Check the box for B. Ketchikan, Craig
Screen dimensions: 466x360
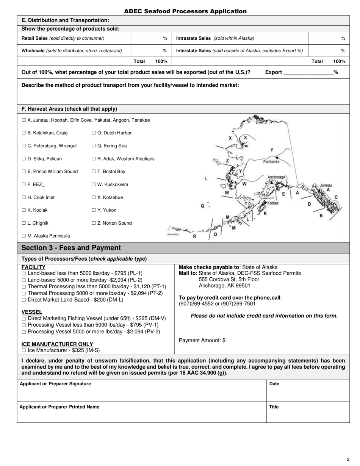coord(23,133)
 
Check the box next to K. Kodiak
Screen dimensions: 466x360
coord(23,210)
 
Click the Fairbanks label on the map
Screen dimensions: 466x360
coord(271,161)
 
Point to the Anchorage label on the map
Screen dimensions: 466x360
coord(276,177)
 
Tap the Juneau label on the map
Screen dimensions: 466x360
coord(326,185)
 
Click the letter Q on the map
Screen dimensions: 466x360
coord(203,206)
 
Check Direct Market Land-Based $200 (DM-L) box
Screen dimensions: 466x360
coord(24,300)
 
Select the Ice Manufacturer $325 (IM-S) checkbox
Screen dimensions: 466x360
coord(24,351)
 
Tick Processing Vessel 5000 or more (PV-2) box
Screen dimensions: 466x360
coord(24,332)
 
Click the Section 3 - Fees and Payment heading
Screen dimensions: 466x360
coord(71,248)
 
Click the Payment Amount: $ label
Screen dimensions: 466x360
coord(202,340)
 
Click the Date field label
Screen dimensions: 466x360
coord(274,384)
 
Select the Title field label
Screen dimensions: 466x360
coord(274,407)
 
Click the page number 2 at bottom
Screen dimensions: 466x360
coord(348,460)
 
